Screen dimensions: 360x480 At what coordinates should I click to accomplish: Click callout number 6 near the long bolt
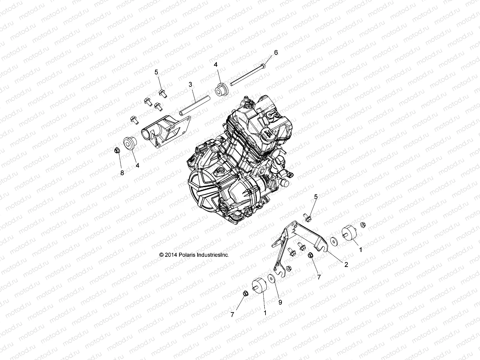point(276,52)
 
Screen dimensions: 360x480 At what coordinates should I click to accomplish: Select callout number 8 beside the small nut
point(122,173)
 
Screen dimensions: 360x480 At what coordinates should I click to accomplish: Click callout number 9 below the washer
point(280,303)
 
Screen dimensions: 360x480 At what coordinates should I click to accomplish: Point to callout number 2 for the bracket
point(346,265)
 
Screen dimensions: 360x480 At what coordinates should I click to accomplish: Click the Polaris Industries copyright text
point(194,255)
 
